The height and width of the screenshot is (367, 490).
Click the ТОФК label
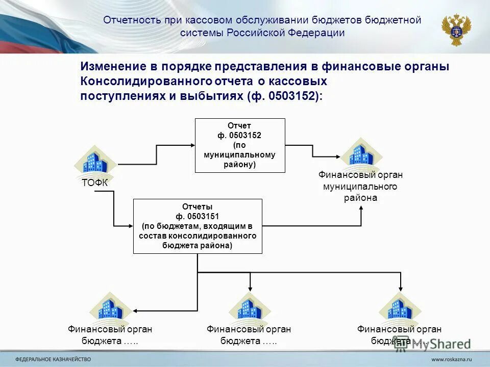click(x=95, y=183)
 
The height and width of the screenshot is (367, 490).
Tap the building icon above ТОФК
click(x=95, y=162)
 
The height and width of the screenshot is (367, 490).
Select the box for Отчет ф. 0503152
click(x=240, y=145)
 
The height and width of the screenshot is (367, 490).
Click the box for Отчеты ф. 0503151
click(x=198, y=226)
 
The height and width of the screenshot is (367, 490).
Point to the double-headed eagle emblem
click(x=456, y=30)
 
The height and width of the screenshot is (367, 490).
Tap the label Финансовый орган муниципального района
click(x=360, y=186)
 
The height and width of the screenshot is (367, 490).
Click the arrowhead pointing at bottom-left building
click(x=136, y=309)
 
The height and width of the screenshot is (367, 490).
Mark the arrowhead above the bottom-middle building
click(x=250, y=289)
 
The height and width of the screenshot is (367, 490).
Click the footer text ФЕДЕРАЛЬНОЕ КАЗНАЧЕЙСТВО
click(x=53, y=359)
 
